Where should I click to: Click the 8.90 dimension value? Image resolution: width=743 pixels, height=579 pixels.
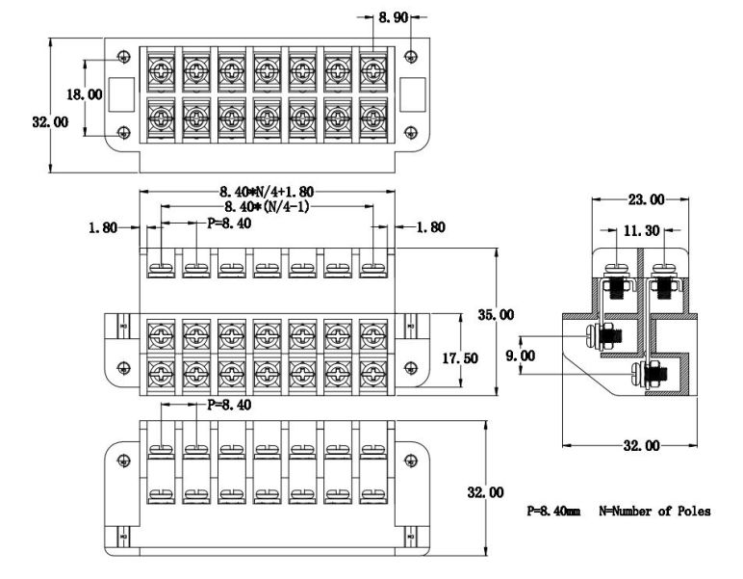coord(392,17)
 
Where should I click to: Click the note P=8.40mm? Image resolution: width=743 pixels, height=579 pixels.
coord(552,512)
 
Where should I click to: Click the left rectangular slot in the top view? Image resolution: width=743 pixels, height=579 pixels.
coord(121,94)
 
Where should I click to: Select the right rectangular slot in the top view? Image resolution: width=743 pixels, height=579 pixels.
coord(412,94)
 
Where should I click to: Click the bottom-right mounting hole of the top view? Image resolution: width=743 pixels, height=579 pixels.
coord(412,133)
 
